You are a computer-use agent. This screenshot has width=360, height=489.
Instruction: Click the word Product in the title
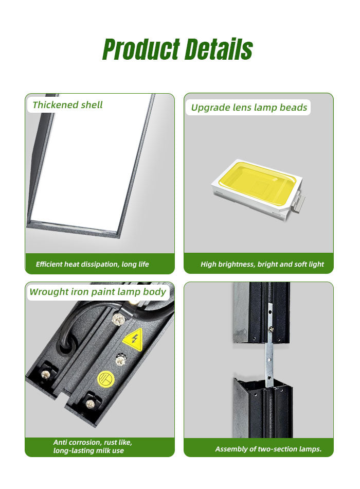click(141, 49)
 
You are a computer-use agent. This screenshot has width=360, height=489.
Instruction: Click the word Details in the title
click(219, 49)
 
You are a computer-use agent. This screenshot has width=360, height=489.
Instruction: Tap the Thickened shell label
click(68, 105)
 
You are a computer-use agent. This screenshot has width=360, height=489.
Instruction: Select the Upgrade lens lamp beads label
click(249, 107)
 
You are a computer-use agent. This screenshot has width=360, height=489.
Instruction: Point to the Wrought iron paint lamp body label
click(98, 291)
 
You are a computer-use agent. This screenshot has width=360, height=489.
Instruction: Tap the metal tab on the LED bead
click(299, 200)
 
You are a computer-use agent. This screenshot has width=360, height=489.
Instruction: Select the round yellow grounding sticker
click(106, 379)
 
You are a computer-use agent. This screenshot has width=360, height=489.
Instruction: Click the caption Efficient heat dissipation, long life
click(92, 264)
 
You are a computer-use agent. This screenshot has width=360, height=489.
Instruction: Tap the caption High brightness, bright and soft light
click(262, 264)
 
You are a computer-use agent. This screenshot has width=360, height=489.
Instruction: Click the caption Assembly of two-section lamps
click(268, 449)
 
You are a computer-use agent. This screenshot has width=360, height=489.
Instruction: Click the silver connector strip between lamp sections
click(269, 344)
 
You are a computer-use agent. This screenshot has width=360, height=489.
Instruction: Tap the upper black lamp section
click(262, 312)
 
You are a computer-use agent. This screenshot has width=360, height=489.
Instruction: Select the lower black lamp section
click(263, 408)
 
